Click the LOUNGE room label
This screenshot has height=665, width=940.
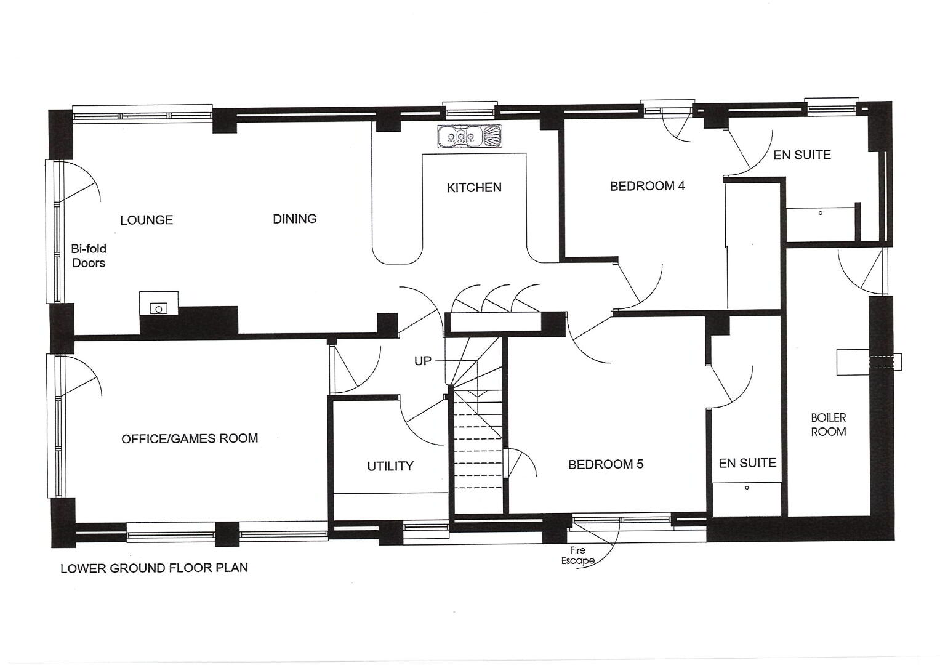[x=147, y=220]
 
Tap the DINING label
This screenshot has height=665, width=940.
[x=295, y=219]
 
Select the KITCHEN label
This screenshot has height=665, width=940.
[x=474, y=187]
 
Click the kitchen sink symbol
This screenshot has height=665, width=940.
[x=470, y=137]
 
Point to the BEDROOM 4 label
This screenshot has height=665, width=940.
[x=647, y=186]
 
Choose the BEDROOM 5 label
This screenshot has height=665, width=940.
[x=606, y=464]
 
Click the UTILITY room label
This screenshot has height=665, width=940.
[x=390, y=466]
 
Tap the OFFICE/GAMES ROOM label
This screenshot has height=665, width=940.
[x=190, y=438]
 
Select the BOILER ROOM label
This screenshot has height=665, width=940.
[x=829, y=424]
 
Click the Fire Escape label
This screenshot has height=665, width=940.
[x=578, y=555]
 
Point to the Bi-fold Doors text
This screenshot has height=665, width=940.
[x=89, y=256]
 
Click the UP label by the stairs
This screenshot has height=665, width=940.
[x=422, y=361]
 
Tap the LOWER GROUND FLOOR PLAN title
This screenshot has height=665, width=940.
[x=154, y=568]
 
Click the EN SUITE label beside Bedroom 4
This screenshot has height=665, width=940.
[x=802, y=155]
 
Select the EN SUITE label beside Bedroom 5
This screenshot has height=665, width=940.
[x=747, y=463]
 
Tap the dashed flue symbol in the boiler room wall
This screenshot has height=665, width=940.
[x=881, y=362]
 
